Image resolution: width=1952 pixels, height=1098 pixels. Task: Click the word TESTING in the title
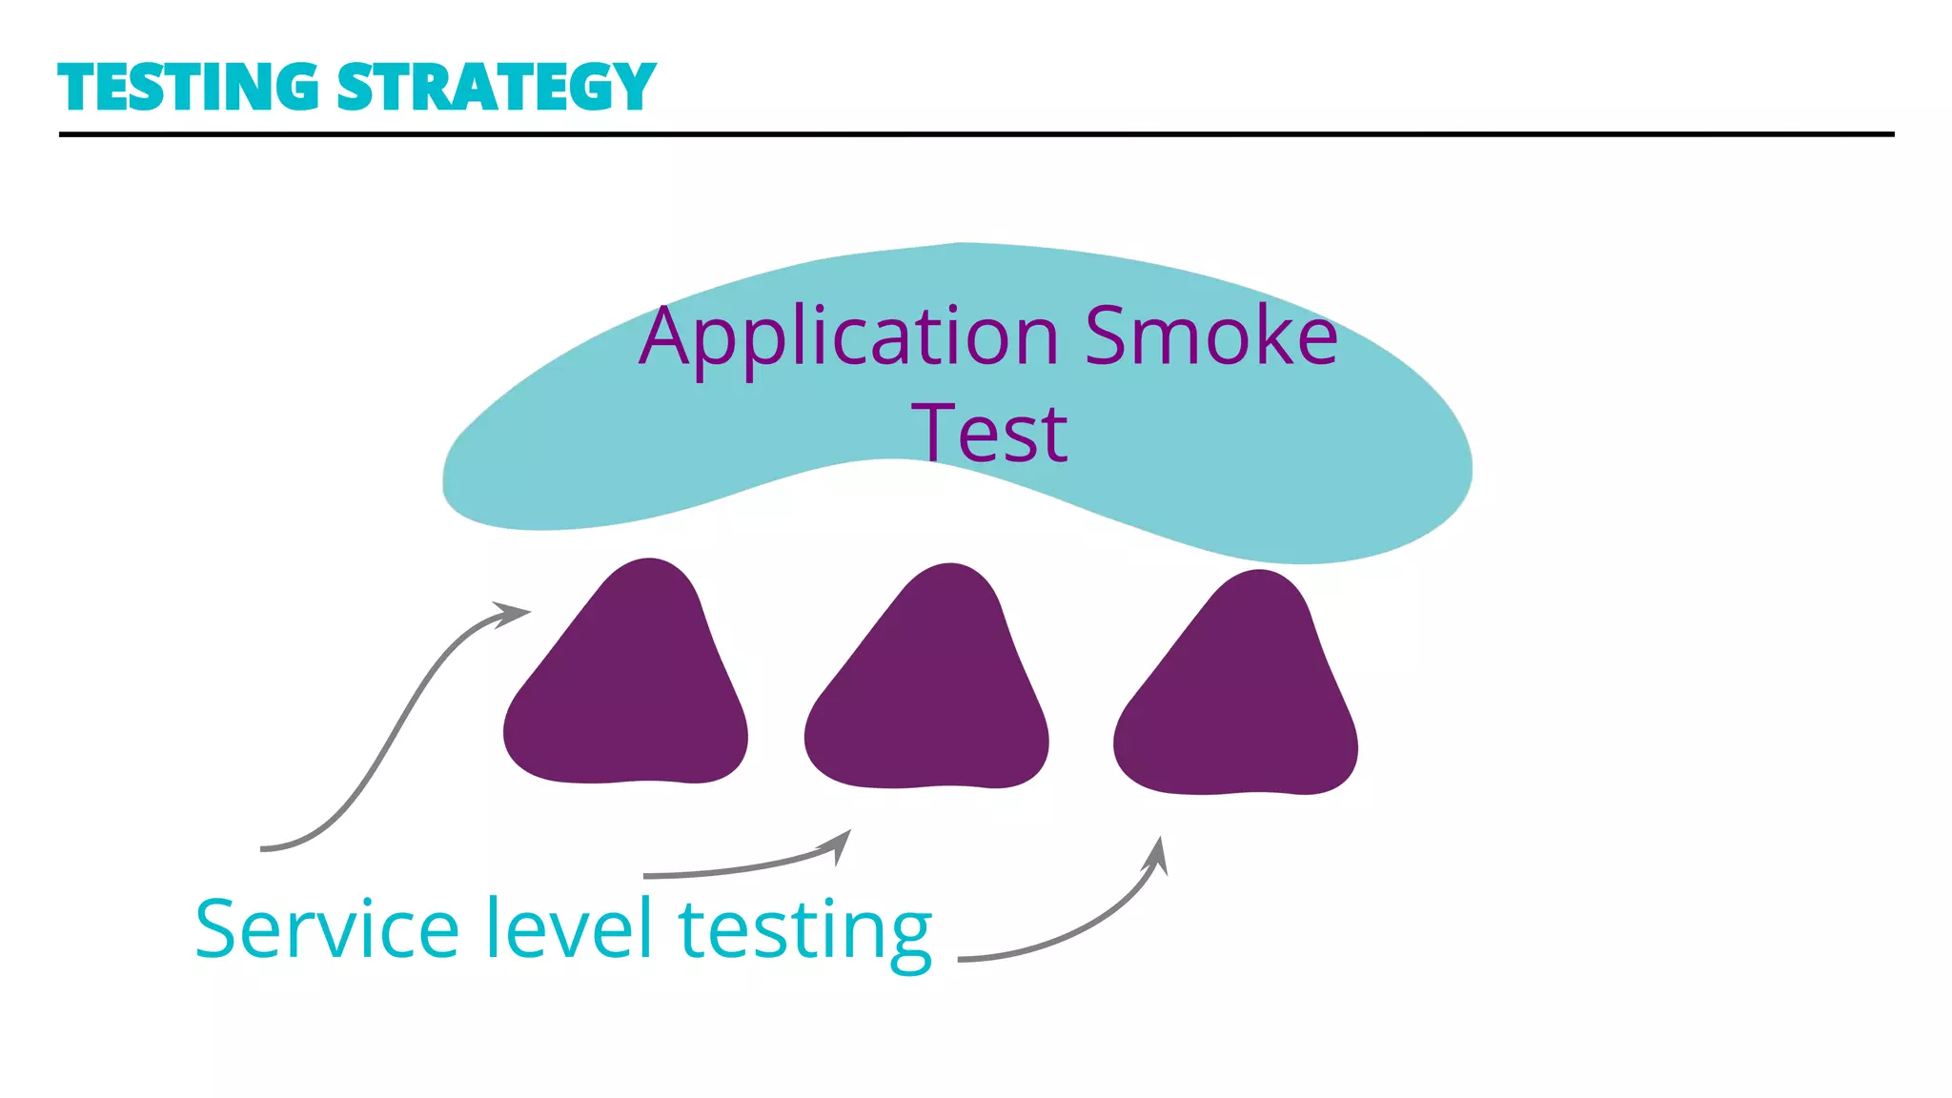tap(188, 88)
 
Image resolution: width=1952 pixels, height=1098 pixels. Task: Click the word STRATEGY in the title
tap(497, 88)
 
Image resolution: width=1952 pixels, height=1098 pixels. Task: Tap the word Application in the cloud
tap(848, 338)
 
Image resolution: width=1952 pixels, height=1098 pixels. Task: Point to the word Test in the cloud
tap(989, 434)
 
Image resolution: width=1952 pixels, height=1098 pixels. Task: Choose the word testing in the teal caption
tap(805, 932)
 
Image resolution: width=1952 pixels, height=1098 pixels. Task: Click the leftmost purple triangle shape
tap(626, 686)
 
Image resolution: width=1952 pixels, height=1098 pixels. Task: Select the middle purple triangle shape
tap(927, 691)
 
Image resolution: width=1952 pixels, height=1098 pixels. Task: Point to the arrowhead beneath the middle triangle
tap(840, 844)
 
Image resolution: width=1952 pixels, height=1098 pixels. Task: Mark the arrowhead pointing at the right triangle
tap(1157, 853)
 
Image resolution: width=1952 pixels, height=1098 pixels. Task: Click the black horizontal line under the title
tap(976, 134)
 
